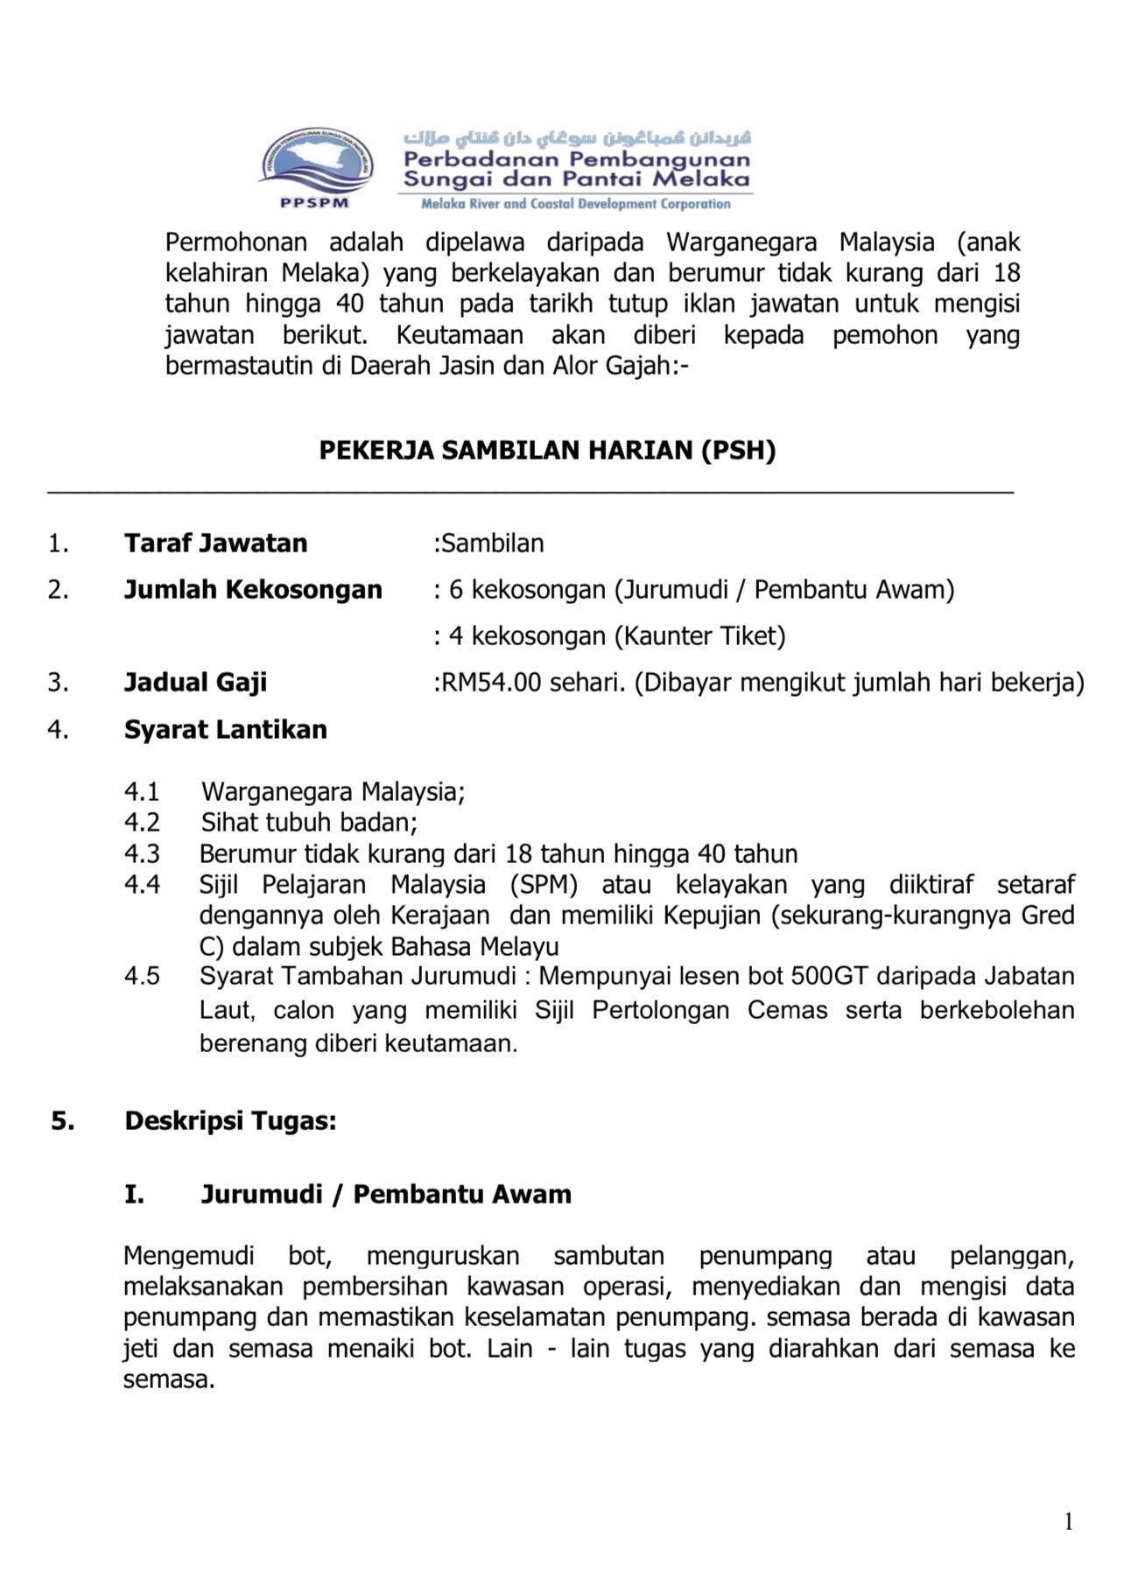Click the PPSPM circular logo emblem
tap(316, 163)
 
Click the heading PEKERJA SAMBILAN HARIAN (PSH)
tap(547, 450)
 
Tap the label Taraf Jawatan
tap(215, 544)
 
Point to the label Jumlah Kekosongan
tap(253, 590)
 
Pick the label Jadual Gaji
tap(195, 683)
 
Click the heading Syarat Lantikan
tap(225, 730)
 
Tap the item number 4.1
tap(142, 792)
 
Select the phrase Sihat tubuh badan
tap(307, 823)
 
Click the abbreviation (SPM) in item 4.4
tap(544, 885)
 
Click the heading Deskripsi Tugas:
tap(230, 1121)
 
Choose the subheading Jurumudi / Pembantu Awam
tap(385, 1195)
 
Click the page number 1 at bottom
tap(1068, 1523)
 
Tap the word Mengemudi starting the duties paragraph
tap(188, 1257)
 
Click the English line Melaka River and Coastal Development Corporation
tap(575, 205)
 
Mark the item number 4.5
tap(142, 977)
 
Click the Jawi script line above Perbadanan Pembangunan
tap(577, 138)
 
